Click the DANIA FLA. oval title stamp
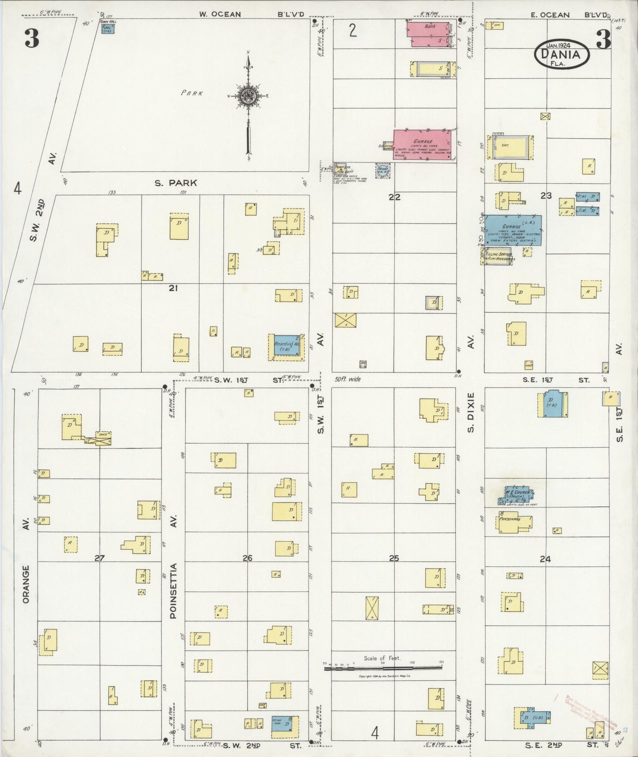562,54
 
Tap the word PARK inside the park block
192,93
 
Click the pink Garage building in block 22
422,143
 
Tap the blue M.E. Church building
515,495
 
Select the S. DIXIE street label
471,413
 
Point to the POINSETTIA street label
174,590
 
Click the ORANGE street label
26,584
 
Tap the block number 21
174,288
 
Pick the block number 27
99,558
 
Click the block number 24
545,559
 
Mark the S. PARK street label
175,183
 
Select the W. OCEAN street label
220,14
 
